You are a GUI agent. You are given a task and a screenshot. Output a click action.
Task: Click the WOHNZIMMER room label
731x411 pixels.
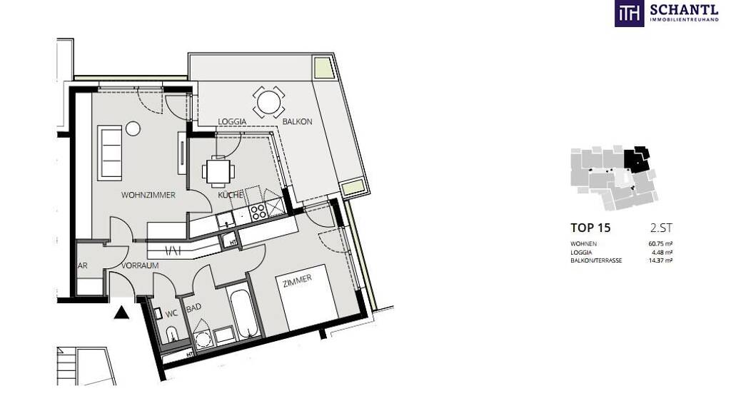point(148,196)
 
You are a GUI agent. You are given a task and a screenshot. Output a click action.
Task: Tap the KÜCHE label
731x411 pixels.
point(231,196)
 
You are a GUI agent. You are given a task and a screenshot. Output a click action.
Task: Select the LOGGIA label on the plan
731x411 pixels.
point(232,121)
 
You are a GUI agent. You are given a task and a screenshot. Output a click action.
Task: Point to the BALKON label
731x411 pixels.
point(298,121)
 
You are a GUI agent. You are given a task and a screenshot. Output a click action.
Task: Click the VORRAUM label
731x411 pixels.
point(140,265)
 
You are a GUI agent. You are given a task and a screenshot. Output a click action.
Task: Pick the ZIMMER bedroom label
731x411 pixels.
point(298,280)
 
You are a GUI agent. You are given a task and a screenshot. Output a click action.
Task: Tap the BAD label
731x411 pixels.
point(194,308)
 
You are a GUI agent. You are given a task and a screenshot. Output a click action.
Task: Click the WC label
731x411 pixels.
point(171,314)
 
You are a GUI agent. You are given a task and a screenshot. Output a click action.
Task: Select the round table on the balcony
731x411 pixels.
point(268,102)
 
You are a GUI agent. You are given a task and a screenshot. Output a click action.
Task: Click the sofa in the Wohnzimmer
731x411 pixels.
point(110,153)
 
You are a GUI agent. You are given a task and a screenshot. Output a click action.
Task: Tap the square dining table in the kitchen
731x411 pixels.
point(218,171)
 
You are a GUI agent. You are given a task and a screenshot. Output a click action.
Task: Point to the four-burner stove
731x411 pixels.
point(258,213)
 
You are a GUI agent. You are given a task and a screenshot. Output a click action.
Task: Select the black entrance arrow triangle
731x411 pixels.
point(121,313)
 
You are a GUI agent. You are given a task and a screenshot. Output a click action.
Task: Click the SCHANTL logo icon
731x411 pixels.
point(630,13)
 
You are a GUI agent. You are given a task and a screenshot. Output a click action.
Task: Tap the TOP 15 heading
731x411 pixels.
point(590,228)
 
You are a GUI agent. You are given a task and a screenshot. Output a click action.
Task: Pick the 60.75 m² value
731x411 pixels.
point(660,244)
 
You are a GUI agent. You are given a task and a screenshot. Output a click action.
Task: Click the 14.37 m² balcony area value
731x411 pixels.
point(660,260)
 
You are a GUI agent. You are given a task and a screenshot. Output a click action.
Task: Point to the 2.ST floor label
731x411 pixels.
point(661,228)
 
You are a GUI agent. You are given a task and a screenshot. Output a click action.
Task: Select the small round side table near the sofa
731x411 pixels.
point(133,128)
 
